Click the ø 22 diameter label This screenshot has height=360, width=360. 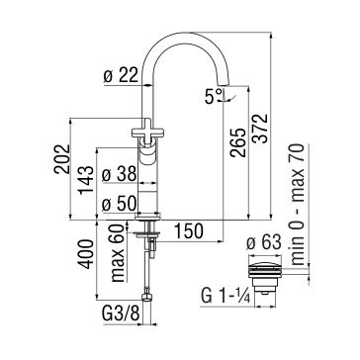point(121,76)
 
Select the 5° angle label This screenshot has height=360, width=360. point(215,96)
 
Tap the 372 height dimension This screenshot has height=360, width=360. point(261,129)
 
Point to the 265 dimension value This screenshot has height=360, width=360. point(238,142)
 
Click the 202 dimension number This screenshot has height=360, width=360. point(62,159)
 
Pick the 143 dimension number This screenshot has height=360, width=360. point(86,180)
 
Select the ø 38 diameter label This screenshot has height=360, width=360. point(119,174)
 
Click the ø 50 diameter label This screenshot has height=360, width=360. point(119,205)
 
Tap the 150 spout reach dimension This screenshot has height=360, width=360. point(188,230)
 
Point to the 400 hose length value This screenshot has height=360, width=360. point(86,254)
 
